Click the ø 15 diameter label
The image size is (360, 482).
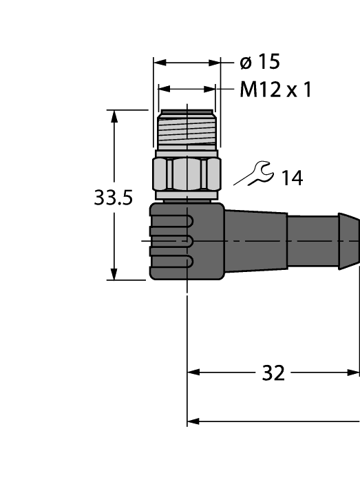pos(259,63)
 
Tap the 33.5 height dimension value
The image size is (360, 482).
pos(112,199)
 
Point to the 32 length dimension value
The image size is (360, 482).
pos(273,373)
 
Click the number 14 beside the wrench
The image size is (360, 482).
pos(291,178)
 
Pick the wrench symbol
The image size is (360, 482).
pos(253,174)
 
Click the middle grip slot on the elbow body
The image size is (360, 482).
pos(171,241)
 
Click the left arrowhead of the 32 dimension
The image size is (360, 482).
pos(193,373)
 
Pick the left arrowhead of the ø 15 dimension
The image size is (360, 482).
pos(159,63)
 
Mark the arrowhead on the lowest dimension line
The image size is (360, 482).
pos(193,420)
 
